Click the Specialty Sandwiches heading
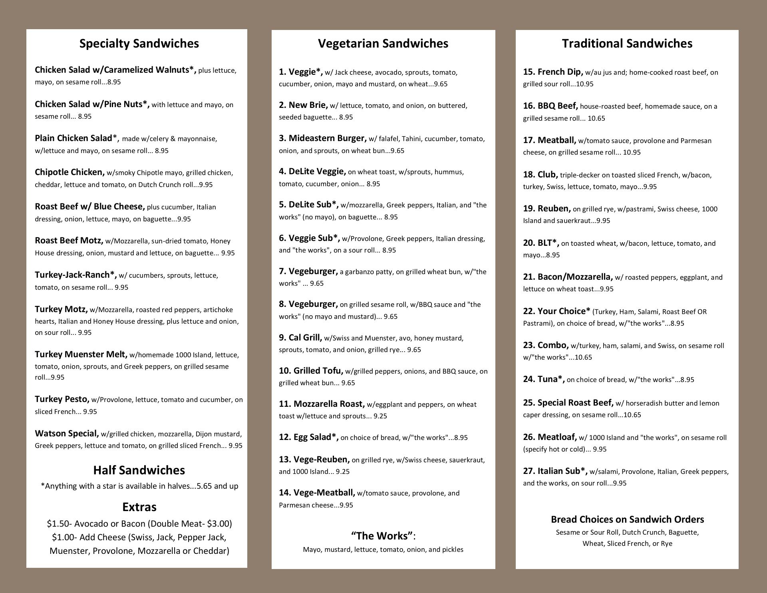139,43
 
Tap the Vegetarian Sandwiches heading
383,43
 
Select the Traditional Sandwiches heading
627,43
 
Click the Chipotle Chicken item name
70,172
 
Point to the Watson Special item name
67,434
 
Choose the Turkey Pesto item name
62,399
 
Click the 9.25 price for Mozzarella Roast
380,416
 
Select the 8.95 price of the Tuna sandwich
687,380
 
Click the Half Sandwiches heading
139,470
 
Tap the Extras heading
139,507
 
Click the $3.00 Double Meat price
218,523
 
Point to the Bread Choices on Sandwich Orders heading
627,519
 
